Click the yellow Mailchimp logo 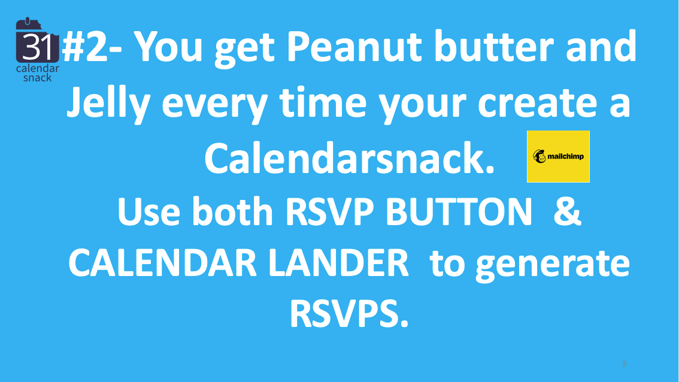click(558, 156)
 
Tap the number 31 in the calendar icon click(37, 47)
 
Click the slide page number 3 click(624, 364)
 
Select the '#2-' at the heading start click(92, 46)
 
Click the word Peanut click(354, 47)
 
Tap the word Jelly click(108, 104)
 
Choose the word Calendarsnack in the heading click(349, 159)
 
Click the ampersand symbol click(567, 211)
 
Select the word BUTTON click(458, 212)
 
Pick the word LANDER click(339, 263)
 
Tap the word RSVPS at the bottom click(349, 314)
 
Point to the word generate click(553, 265)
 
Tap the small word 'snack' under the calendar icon click(37, 78)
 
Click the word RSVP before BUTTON click(329, 212)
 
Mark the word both click(232, 211)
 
